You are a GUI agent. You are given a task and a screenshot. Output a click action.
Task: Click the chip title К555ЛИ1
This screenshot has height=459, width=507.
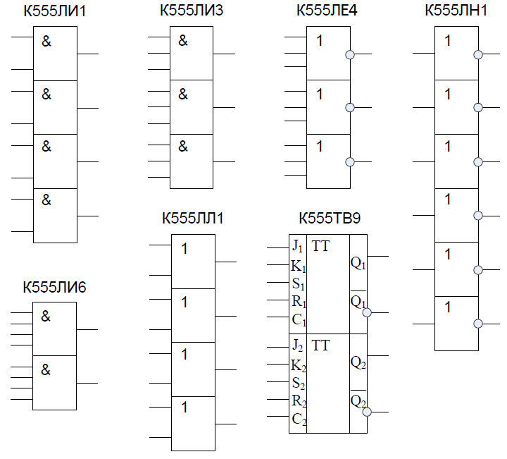(55, 11)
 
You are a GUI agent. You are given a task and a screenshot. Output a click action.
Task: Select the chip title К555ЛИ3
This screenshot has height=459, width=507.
(192, 11)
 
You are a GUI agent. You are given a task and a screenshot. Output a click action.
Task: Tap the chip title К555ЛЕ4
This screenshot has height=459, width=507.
(327, 11)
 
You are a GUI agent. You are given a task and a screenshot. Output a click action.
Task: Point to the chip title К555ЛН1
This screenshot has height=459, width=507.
(456, 11)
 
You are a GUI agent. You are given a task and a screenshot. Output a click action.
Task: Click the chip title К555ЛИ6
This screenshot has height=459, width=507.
(54, 287)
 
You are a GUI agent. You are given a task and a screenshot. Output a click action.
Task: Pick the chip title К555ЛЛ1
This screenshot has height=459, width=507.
(193, 218)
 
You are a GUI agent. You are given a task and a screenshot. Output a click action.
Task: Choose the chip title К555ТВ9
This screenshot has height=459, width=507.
(330, 218)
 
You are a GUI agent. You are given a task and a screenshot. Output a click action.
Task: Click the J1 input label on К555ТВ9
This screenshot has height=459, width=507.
(297, 247)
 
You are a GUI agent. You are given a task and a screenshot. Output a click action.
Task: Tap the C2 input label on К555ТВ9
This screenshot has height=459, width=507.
(299, 420)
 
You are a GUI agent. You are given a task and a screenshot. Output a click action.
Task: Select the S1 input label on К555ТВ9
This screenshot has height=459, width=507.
(298, 284)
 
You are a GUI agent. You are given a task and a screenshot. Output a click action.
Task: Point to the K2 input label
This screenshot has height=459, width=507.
(298, 366)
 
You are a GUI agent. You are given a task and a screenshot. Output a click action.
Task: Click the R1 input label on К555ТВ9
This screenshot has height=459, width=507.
(299, 302)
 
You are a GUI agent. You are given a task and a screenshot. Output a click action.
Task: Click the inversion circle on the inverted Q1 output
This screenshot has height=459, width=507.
(367, 312)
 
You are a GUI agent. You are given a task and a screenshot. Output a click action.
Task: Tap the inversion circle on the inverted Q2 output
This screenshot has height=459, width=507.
(367, 412)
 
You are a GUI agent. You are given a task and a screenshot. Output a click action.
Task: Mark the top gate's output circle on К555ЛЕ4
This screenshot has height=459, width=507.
(350, 55)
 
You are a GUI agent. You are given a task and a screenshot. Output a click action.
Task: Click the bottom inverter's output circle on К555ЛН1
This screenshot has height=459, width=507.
(478, 324)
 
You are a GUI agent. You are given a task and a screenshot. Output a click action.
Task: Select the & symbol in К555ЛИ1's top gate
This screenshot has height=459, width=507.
(46, 42)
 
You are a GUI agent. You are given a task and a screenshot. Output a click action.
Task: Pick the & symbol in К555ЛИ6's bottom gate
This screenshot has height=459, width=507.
(46, 369)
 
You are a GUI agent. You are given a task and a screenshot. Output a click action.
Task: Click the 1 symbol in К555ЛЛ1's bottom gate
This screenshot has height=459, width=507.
(184, 408)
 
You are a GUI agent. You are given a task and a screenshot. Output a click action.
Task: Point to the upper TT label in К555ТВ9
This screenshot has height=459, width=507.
(320, 246)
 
